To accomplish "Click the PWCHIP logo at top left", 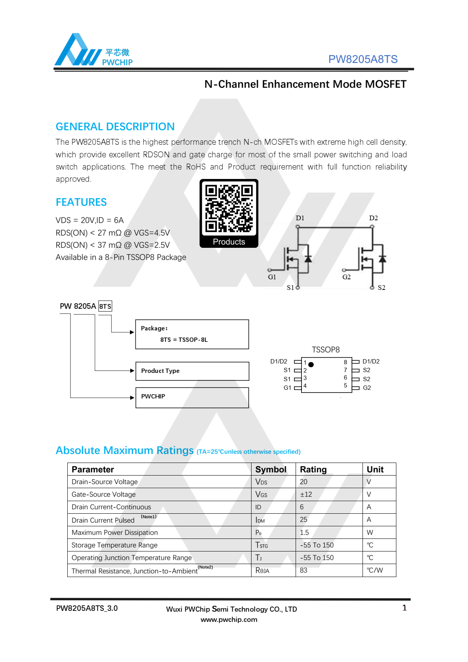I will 94,50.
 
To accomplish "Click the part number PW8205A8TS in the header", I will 363,59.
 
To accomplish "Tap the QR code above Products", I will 229,208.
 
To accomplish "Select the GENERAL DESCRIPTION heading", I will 115,127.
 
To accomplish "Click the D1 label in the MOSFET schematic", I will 300,218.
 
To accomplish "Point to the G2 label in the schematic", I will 346,277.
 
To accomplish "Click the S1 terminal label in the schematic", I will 290,288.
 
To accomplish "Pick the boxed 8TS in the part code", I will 105,306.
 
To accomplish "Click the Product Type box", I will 192,371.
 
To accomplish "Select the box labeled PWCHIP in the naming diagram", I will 192,397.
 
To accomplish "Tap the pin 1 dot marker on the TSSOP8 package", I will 311,365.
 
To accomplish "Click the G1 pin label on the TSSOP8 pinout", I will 287,388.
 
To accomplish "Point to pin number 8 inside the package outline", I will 346,362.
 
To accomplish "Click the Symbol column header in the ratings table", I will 271,469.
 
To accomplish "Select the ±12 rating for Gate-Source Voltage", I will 306,494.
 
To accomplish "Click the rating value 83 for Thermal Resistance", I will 303,570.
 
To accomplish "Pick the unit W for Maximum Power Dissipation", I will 370,533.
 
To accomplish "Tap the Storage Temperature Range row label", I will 115,545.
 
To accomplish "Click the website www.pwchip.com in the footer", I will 229,620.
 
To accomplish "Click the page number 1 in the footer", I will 404,608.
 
